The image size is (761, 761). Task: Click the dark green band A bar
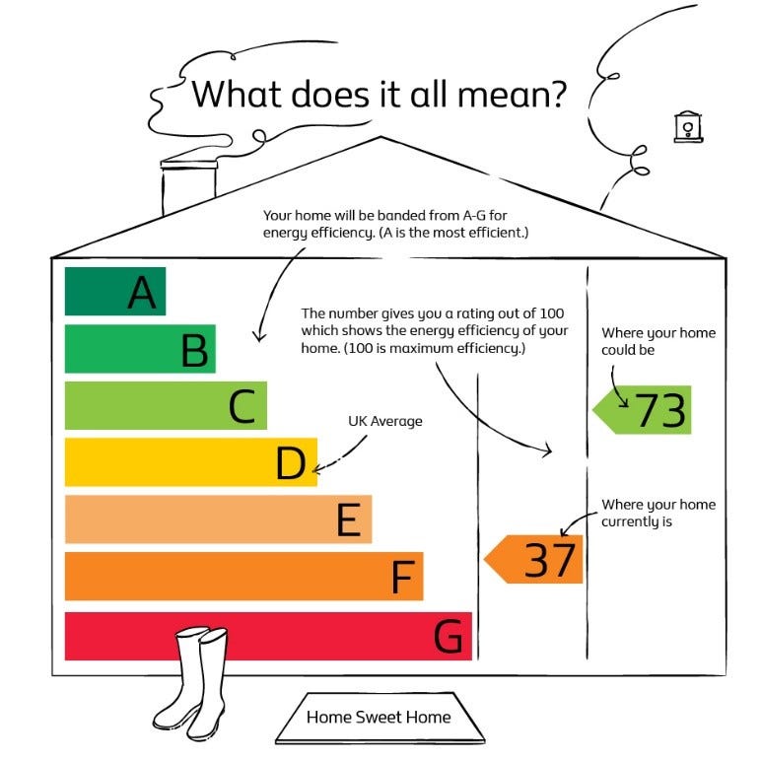(115, 291)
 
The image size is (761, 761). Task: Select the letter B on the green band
(194, 350)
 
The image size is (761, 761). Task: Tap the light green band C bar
(166, 405)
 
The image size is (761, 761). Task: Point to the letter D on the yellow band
(291, 463)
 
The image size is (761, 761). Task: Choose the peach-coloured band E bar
(219, 519)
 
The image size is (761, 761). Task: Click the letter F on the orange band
(403, 577)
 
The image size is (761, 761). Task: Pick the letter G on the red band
(448, 636)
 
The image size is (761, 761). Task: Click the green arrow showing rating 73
(642, 410)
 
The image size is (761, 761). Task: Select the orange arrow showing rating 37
(533, 559)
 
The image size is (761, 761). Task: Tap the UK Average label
(384, 421)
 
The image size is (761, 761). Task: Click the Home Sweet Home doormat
(380, 718)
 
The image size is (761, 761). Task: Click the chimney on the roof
(188, 187)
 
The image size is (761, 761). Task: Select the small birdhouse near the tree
(688, 127)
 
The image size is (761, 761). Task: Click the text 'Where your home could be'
(658, 341)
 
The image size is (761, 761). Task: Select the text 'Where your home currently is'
(658, 513)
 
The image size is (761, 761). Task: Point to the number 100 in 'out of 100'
(552, 313)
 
